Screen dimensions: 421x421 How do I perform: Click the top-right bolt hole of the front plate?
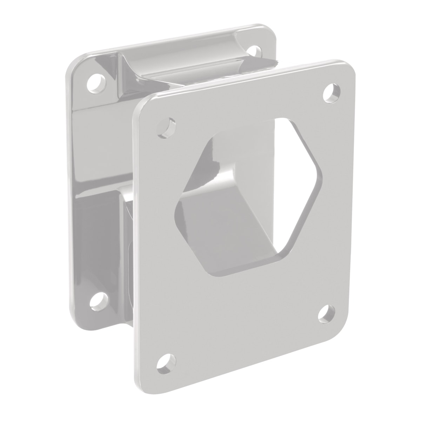331,92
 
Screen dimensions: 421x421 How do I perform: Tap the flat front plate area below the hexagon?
246,316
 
